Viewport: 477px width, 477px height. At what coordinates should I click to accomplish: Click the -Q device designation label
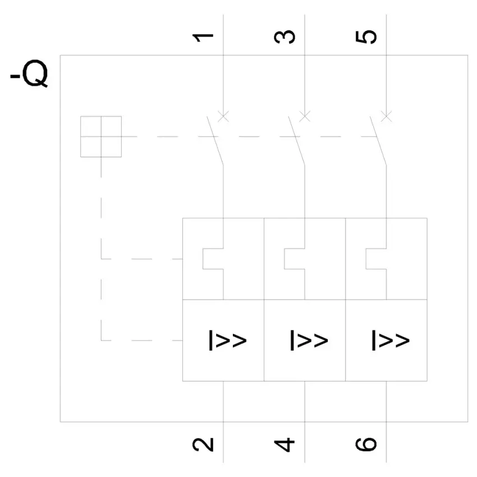[29, 74]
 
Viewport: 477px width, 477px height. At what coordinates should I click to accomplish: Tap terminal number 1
[203, 37]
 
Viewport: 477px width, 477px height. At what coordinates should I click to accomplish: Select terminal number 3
[285, 37]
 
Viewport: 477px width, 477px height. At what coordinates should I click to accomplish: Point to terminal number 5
[366, 37]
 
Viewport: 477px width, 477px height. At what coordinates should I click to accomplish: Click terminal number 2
[203, 444]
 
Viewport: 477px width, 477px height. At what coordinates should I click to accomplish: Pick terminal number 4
[285, 445]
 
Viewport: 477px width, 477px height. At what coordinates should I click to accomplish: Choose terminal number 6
[366, 444]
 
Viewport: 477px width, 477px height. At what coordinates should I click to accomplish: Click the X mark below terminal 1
[223, 116]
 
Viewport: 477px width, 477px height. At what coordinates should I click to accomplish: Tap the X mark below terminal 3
[305, 116]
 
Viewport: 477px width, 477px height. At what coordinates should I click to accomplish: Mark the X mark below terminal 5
[386, 116]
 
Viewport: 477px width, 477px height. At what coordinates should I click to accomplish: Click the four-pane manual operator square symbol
[101, 136]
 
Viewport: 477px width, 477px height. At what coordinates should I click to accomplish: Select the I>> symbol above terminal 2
[227, 340]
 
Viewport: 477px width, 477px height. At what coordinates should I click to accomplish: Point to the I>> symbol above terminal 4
[309, 340]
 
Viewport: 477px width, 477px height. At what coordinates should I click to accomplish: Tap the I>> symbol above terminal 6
[391, 340]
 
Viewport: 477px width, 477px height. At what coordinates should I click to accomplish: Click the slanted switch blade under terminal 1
[215, 141]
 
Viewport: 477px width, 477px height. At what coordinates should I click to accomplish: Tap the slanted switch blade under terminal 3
[297, 141]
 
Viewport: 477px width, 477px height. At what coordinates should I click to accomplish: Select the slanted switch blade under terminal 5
[378, 141]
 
